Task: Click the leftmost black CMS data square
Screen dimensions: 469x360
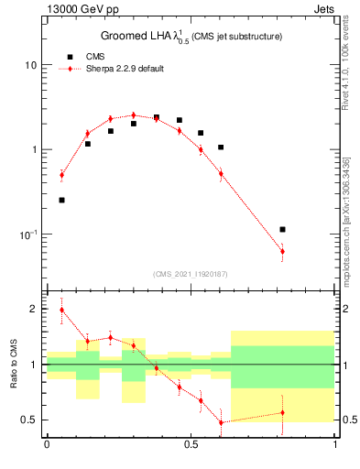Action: point(61,200)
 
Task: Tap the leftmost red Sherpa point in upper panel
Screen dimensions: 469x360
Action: point(61,175)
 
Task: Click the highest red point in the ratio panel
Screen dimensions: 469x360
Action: point(61,310)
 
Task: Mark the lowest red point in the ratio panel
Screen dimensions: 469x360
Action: point(221,422)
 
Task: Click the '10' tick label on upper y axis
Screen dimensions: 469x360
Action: point(30,66)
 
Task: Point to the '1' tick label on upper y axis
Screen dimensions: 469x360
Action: point(34,150)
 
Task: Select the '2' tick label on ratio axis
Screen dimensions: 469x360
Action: point(34,310)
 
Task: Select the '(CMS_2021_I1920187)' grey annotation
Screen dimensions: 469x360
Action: point(191,273)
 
